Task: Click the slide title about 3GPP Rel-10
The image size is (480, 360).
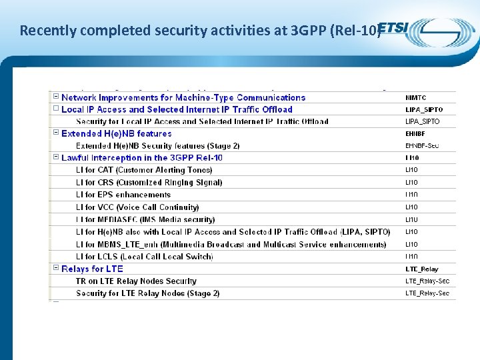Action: [x=199, y=30]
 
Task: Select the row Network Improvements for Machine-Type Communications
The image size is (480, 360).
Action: [x=183, y=97]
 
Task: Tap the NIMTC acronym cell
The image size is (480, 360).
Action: [x=415, y=97]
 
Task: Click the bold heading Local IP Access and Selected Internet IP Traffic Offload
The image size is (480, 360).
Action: [x=177, y=109]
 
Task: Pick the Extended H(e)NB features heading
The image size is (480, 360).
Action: [x=116, y=133]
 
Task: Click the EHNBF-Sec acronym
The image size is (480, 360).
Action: [x=422, y=145]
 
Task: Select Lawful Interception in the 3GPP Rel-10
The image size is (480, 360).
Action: [x=141, y=158]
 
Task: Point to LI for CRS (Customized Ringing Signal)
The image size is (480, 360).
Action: [x=149, y=182]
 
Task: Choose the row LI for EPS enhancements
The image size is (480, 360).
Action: [x=123, y=195]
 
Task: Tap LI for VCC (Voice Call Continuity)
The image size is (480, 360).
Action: [x=137, y=207]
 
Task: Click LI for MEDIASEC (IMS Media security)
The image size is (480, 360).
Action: [x=145, y=219]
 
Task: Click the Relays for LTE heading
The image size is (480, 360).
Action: [x=92, y=269]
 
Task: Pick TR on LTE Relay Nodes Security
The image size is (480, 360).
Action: [x=136, y=281]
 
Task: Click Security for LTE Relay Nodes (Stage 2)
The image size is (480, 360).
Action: [x=147, y=293]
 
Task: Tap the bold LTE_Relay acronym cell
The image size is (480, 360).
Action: [x=421, y=269]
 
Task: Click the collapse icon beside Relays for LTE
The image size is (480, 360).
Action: [x=55, y=268]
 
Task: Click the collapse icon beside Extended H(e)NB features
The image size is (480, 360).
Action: [x=55, y=133]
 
